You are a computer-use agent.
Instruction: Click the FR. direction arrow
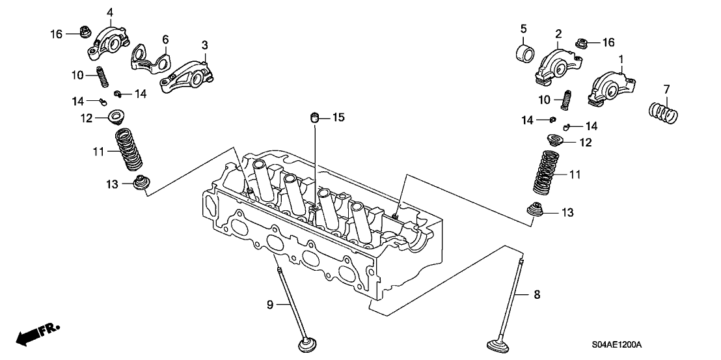pyautogui.click(x=36, y=333)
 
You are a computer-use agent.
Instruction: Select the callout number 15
pyautogui.click(x=338, y=117)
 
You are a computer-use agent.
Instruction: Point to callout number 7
pyautogui.click(x=666, y=89)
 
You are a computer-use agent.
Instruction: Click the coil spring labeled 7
pyautogui.click(x=664, y=113)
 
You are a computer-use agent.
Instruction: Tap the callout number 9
pyautogui.click(x=270, y=304)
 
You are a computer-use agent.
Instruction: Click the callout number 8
pyautogui.click(x=536, y=295)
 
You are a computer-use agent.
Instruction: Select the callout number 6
pyautogui.click(x=165, y=38)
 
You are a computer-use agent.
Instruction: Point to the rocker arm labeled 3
pyautogui.click(x=185, y=72)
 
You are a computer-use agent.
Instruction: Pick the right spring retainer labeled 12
pyautogui.click(x=554, y=140)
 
